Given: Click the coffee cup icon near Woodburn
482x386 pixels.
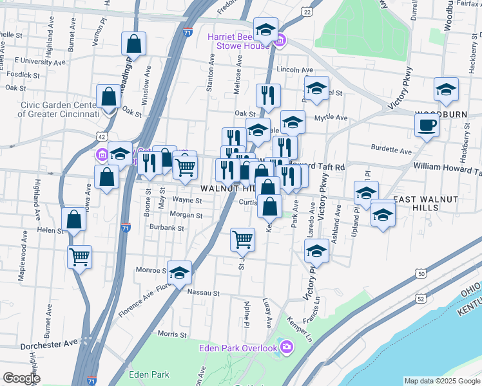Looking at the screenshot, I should point(427,125).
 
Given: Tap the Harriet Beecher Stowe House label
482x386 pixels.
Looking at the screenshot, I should point(238,41).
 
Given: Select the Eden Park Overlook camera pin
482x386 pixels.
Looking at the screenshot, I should point(287,348).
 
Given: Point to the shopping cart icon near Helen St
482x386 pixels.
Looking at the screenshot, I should point(79,257).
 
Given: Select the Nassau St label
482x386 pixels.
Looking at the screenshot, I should point(204,292).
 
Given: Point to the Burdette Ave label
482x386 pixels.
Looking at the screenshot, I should point(392,151).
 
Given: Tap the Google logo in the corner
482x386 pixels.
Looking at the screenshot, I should point(21,378).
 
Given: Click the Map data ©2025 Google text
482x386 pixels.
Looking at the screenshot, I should point(441,381).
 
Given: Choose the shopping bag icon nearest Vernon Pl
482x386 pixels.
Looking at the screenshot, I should point(133,44).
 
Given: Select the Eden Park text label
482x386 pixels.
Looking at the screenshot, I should point(148,374).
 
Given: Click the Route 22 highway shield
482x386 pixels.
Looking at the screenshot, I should point(306,12).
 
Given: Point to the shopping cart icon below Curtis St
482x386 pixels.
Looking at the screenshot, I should point(242,239).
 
